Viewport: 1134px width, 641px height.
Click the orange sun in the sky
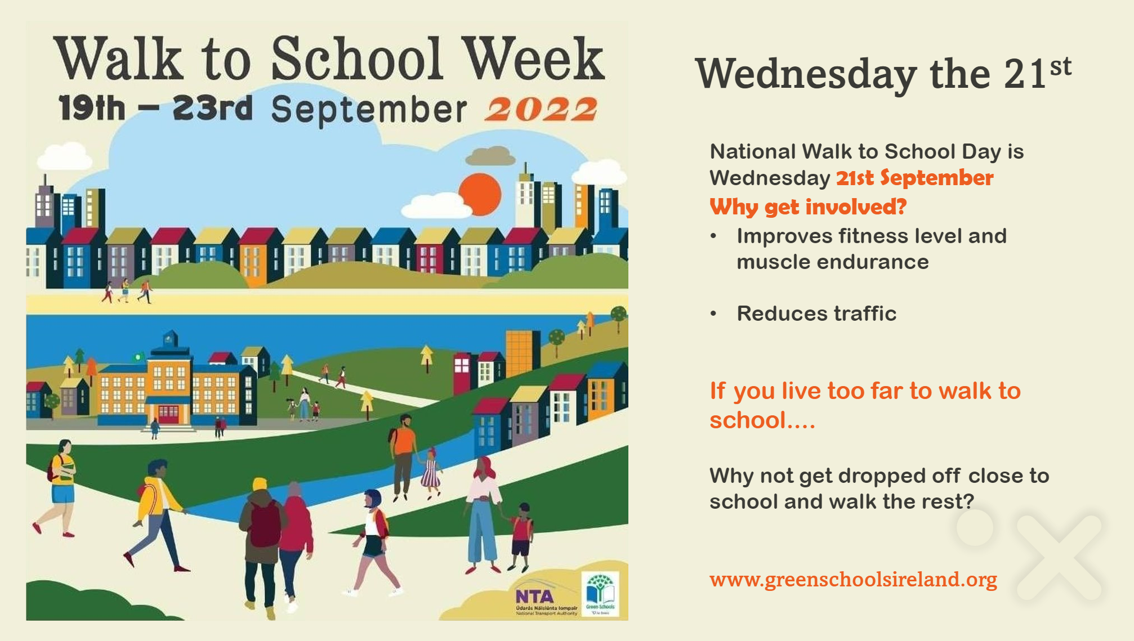(480, 194)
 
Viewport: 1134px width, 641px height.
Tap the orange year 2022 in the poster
(541, 109)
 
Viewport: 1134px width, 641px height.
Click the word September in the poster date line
(369, 109)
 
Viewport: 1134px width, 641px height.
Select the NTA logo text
(535, 596)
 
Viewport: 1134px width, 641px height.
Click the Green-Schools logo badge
(600, 594)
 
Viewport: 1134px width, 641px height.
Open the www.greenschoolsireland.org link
(852, 579)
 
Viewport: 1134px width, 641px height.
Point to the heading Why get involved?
(807, 207)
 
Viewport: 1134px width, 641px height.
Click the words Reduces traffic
(816, 313)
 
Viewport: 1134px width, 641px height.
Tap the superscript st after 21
(1060, 67)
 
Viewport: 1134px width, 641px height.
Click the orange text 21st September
(914, 178)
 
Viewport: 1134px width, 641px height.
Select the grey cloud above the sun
(491, 156)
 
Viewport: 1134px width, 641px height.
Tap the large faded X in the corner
(1059, 557)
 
